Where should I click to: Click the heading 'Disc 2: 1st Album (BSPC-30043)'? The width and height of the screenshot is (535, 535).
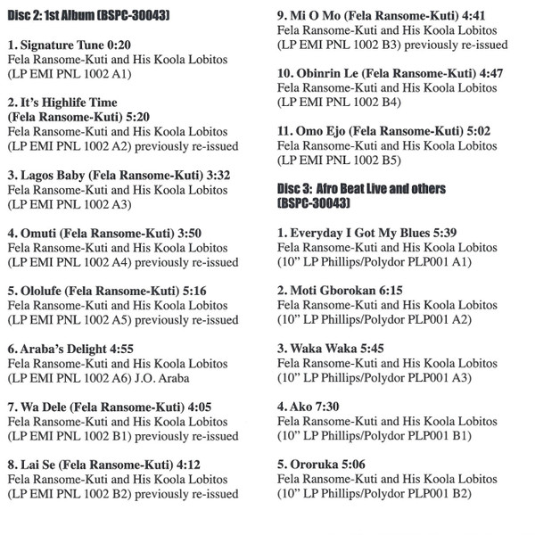click(x=89, y=17)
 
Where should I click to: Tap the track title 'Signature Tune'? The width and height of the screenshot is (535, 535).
click(x=62, y=44)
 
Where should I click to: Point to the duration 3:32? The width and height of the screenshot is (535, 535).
click(x=215, y=176)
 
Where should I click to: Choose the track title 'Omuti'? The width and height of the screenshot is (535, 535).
click(x=40, y=233)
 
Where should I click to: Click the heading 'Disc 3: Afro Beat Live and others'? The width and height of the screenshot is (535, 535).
click(x=362, y=189)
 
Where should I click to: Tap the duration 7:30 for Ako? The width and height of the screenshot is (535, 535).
click(x=327, y=406)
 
